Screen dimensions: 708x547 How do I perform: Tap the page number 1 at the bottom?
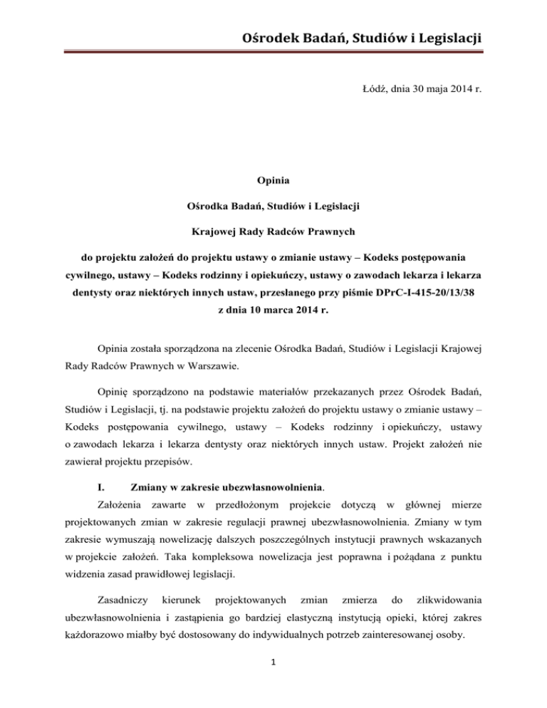(273, 676)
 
